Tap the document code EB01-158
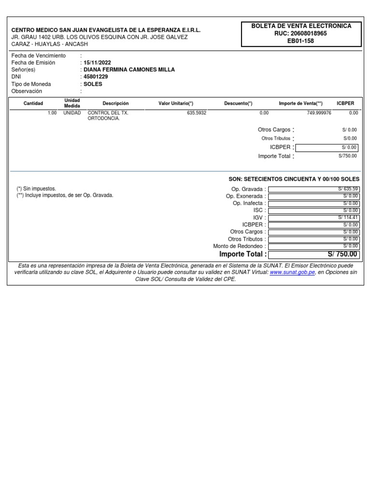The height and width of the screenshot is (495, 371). (301, 41)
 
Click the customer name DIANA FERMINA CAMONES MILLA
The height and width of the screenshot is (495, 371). (129, 70)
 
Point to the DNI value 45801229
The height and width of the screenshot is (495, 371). (96, 77)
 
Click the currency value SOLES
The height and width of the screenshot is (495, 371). (93, 84)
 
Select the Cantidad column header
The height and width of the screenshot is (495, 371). (33, 103)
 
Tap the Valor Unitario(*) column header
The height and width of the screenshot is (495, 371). (176, 103)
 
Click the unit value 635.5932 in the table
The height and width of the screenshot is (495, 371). (197, 113)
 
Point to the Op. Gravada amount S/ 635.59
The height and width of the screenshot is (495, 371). (348, 189)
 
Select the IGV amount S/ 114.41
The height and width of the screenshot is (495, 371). (348, 218)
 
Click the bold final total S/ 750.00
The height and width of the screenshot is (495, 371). (342, 254)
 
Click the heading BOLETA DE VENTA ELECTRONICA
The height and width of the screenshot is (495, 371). (301, 26)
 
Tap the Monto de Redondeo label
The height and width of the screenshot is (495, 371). (239, 246)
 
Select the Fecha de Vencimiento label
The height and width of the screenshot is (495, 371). (38, 56)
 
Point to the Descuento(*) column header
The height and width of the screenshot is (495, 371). (238, 103)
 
